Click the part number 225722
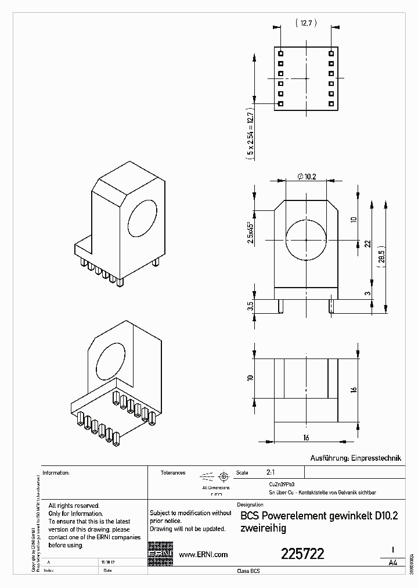(x=302, y=554)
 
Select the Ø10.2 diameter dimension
(x=306, y=177)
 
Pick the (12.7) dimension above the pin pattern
(x=305, y=23)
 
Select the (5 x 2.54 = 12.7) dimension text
(x=250, y=134)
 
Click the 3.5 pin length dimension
(x=250, y=306)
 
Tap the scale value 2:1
(x=271, y=473)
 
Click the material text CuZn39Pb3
(x=282, y=483)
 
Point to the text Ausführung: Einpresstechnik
(x=356, y=458)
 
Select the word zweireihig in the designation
(x=262, y=529)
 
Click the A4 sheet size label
(x=393, y=563)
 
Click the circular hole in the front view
(x=306, y=240)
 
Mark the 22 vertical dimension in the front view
(x=367, y=244)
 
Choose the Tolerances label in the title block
(x=173, y=473)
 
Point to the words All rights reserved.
(x=74, y=506)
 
